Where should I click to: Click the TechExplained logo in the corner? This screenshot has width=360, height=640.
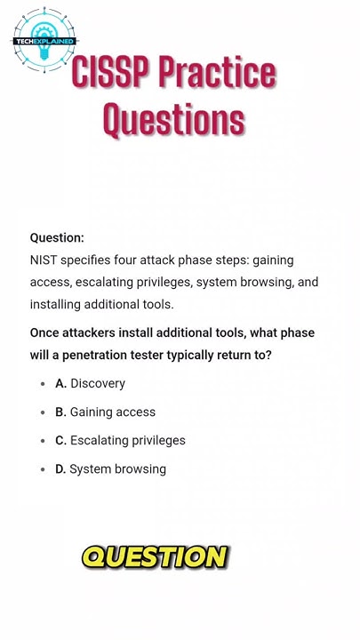click(44, 41)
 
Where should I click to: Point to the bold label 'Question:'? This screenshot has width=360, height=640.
click(57, 237)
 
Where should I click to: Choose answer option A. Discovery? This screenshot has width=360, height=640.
click(91, 383)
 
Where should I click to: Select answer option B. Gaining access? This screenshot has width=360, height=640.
click(106, 412)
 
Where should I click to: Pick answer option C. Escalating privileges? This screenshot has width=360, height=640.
click(120, 440)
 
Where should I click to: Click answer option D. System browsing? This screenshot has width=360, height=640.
click(110, 468)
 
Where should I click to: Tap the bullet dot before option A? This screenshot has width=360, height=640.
click(43, 384)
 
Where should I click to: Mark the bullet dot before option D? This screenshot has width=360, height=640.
click(43, 469)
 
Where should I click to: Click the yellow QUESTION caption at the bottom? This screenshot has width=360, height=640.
click(155, 557)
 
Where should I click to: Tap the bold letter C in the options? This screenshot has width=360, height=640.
click(60, 440)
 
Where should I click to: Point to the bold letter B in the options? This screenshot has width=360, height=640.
click(60, 412)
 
